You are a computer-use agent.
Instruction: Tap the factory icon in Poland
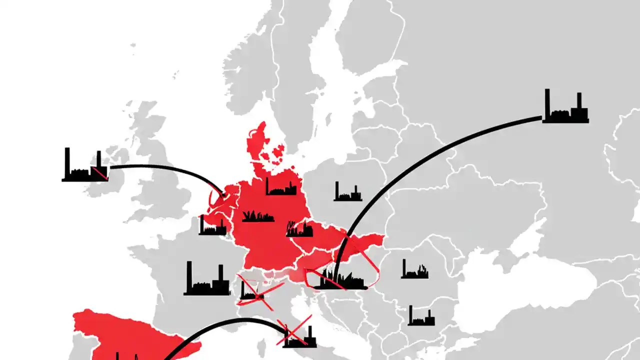(347, 192)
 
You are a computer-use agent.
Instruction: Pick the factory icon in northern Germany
(280, 187)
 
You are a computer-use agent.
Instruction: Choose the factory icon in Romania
(414, 270)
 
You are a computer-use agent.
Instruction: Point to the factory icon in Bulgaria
(421, 317)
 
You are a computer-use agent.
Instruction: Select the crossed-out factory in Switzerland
(252, 291)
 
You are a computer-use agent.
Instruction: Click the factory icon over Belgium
(212, 227)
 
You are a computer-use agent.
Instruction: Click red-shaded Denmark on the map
(257, 145)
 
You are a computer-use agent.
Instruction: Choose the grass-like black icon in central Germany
(258, 217)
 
